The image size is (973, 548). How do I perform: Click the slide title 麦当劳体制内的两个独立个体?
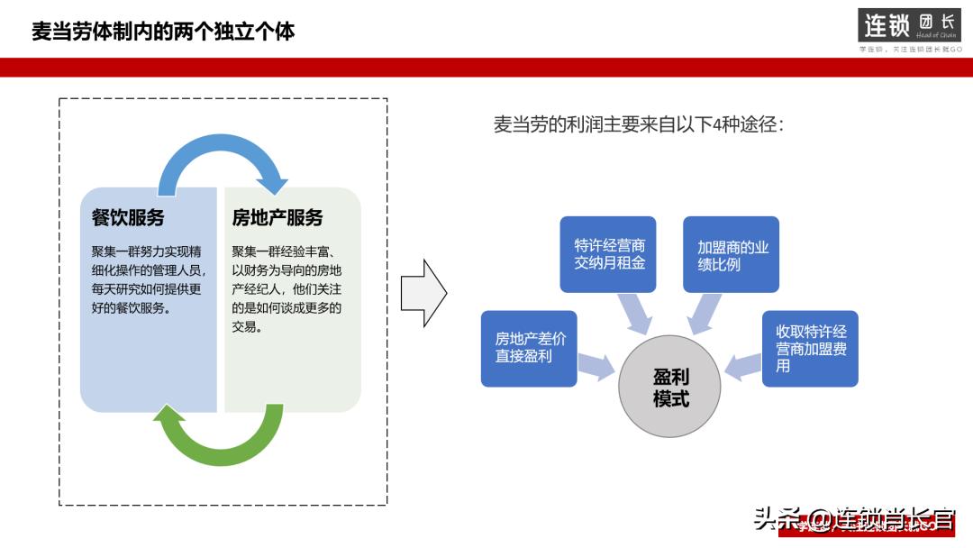point(163,32)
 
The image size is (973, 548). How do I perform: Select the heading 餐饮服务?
point(129,217)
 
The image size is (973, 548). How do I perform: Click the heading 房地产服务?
point(277,217)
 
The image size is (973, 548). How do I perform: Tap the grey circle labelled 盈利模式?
point(670,388)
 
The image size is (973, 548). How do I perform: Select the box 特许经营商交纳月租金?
point(608,254)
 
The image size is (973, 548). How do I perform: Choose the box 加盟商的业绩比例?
point(731,254)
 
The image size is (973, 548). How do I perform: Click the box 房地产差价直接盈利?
point(529,348)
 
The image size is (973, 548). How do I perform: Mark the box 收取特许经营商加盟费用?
point(810,348)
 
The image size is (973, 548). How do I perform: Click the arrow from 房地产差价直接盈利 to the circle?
point(596,364)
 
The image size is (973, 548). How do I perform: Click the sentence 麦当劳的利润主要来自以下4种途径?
point(639,124)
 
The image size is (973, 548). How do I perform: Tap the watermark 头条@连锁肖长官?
point(853,519)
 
